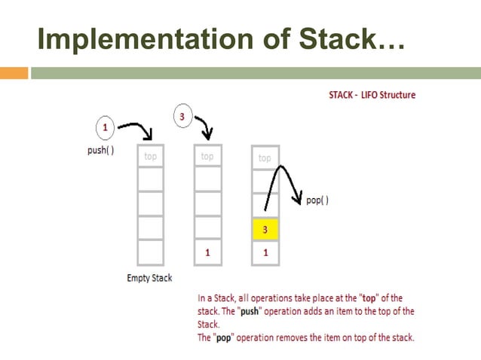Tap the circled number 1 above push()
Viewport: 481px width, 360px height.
click(105, 127)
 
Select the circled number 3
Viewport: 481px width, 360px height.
click(182, 116)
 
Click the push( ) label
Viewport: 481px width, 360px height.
click(100, 150)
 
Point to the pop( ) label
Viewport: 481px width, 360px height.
click(317, 200)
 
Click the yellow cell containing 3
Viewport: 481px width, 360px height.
click(265, 229)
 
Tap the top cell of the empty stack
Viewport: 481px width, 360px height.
click(150, 156)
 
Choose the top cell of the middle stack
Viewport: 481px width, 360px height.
click(207, 156)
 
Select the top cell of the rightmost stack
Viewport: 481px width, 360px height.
click(265, 158)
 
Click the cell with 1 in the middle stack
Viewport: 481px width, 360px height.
click(207, 253)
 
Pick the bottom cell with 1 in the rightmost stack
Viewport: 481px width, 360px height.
click(265, 253)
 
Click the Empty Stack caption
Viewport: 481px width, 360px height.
click(149, 278)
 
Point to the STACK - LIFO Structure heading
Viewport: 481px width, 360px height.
click(372, 96)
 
